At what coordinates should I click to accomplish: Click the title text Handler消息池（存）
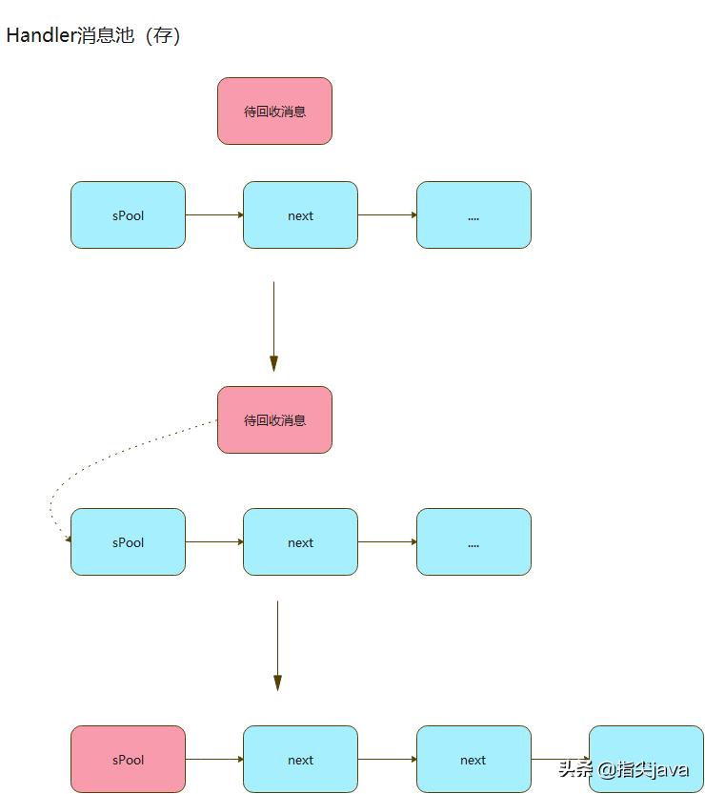(x=92, y=36)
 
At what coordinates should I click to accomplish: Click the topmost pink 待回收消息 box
(x=274, y=112)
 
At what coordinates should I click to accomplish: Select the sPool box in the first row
(x=128, y=215)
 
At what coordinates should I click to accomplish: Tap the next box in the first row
(x=300, y=215)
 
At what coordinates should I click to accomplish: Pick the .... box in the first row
(x=473, y=215)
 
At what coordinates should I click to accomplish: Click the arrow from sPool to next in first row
(x=214, y=215)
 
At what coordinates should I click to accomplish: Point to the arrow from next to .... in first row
(x=387, y=215)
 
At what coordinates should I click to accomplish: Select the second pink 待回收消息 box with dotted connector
(x=274, y=420)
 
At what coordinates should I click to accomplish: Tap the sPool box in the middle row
(x=128, y=542)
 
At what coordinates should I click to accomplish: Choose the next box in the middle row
(x=300, y=542)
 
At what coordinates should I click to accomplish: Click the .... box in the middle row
(x=473, y=542)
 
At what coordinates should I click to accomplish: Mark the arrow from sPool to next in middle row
(x=214, y=542)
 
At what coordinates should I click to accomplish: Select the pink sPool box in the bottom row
(x=128, y=760)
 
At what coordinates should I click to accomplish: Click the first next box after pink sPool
(x=300, y=760)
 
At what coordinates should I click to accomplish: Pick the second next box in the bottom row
(x=473, y=760)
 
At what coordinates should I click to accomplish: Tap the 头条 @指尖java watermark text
(x=623, y=769)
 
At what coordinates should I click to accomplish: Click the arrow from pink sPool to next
(x=214, y=760)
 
